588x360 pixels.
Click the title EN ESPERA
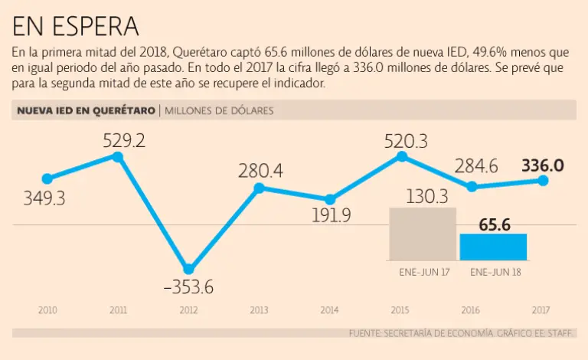[x=76, y=26]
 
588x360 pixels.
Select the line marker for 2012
[x=189, y=269]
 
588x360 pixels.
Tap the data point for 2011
[x=118, y=156]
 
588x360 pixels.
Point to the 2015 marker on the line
[x=401, y=156]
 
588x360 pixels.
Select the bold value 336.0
[x=542, y=165]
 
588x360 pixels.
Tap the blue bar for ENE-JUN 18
[x=493, y=247]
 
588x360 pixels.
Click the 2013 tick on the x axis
[x=260, y=310]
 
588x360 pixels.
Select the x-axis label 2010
[x=47, y=310]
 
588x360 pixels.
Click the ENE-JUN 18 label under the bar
[x=493, y=272]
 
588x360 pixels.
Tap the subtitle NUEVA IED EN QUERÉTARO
[x=85, y=111]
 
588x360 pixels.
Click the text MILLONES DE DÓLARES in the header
[x=218, y=111]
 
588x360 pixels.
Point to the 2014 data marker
[x=330, y=199]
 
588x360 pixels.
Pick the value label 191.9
[x=331, y=215]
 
